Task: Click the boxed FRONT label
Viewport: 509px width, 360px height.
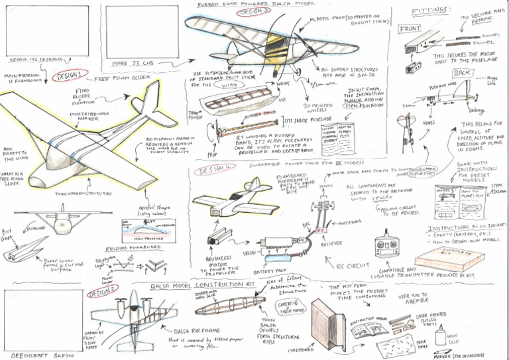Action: [x=411, y=29]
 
